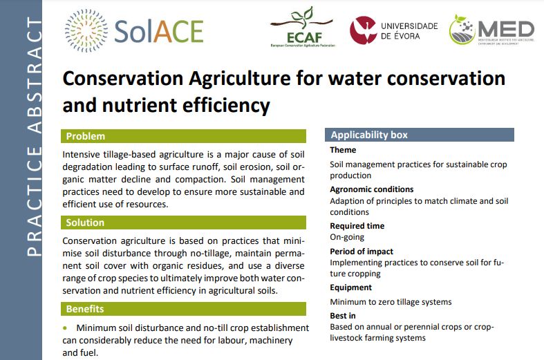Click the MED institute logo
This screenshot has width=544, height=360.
click(492, 30)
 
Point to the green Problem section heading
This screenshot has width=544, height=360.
click(86, 136)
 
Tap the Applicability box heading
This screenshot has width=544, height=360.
click(369, 135)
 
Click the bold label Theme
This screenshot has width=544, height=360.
click(343, 150)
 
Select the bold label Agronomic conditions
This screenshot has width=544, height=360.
click(371, 189)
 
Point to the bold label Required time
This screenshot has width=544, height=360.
click(357, 226)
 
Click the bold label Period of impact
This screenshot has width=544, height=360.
click(362, 252)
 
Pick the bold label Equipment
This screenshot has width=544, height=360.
click(350, 287)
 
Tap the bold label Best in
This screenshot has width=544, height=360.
click(342, 316)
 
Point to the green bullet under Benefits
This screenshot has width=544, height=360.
click(66, 328)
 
